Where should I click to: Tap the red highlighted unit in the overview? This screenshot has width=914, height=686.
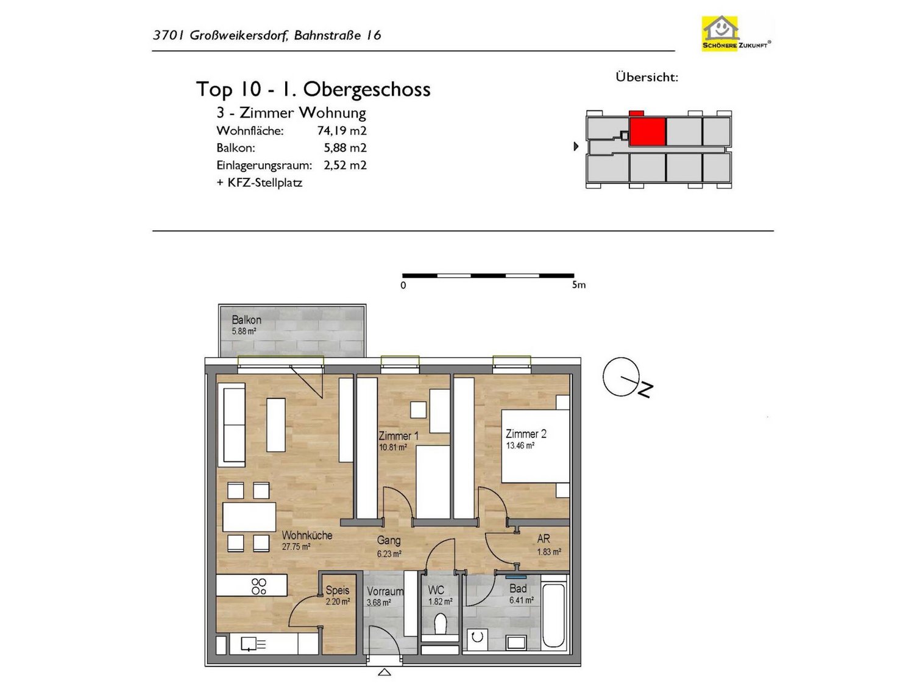[x=647, y=131]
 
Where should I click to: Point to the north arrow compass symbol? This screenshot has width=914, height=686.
[x=627, y=378]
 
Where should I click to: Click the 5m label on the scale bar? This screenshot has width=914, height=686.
[x=578, y=285]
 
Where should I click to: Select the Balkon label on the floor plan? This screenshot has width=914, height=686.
[x=247, y=320]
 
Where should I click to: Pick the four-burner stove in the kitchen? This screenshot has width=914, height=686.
[x=258, y=586]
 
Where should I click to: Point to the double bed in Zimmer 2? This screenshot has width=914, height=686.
[x=535, y=446]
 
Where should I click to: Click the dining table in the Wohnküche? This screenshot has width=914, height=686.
[x=249, y=517]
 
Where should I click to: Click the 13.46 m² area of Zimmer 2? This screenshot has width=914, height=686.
[x=520, y=446]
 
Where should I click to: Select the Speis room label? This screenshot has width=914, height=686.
[x=338, y=590]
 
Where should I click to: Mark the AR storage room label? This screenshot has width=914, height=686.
[x=544, y=539]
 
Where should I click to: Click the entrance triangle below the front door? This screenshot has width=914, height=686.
[x=384, y=672]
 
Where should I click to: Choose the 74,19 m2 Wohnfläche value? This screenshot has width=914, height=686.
[x=341, y=131]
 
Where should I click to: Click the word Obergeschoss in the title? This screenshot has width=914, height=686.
[x=366, y=90]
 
